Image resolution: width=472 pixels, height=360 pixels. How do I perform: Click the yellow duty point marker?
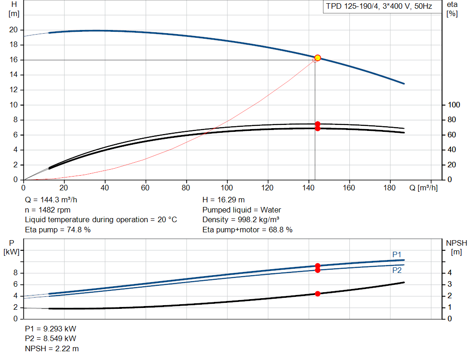(x=318, y=58)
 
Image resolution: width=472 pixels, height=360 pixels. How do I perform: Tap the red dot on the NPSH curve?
(x=318, y=294)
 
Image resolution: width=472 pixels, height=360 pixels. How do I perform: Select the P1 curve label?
(x=397, y=254)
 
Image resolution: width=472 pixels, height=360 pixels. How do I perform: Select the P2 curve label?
(x=397, y=270)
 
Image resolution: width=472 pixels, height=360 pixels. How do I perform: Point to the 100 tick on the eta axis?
(x=454, y=105)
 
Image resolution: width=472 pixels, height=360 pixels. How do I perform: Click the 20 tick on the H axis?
(x=13, y=30)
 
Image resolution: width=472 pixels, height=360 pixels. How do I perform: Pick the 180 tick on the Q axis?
(x=389, y=188)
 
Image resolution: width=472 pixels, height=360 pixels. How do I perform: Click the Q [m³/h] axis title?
(x=423, y=188)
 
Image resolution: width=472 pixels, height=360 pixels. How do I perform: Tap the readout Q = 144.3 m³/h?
(x=51, y=200)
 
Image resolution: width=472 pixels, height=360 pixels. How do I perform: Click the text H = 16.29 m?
(x=224, y=200)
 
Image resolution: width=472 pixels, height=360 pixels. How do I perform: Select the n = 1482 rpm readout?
(x=47, y=210)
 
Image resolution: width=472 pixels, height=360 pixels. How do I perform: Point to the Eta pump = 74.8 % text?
(x=58, y=230)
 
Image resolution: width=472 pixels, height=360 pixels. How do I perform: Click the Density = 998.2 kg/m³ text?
(x=241, y=220)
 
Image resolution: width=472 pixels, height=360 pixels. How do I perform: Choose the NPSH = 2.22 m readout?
(x=52, y=348)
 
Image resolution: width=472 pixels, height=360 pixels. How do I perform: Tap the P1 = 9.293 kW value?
(x=51, y=329)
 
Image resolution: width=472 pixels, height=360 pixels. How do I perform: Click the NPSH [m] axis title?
(x=456, y=248)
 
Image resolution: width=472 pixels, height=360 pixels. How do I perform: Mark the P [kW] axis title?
(x=12, y=248)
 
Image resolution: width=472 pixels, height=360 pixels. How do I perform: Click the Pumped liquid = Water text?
(x=242, y=210)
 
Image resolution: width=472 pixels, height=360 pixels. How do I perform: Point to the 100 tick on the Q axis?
(x=227, y=188)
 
